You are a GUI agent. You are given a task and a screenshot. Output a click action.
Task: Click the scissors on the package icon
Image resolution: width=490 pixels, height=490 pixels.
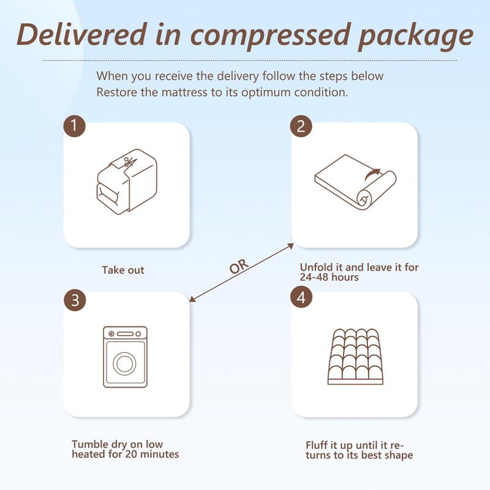pos(128,162)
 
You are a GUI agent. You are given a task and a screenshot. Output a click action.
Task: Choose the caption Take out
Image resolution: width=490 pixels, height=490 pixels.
pos(123,269)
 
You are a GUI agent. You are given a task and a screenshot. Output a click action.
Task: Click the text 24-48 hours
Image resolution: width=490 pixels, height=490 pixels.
pos(329,277)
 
